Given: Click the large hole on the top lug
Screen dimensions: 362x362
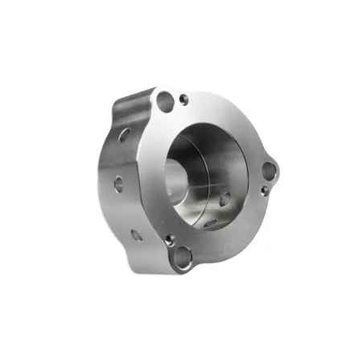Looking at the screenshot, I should tap(165, 101).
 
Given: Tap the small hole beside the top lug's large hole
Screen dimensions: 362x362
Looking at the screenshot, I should tap(183, 99).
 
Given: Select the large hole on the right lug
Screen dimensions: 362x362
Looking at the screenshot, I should tap(269, 170).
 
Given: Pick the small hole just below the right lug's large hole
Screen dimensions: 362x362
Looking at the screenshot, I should tap(264, 191).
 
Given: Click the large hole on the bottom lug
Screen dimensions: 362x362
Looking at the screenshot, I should tap(183, 257).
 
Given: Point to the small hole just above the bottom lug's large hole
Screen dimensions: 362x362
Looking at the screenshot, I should tap(169, 239).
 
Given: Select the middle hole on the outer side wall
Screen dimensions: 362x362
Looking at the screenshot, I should tap(118, 184).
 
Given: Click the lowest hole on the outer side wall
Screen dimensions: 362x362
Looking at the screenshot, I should tap(136, 234).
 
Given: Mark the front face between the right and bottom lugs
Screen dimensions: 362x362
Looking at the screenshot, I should tap(237, 229).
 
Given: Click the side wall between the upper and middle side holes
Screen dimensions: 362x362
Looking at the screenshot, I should tap(121, 159).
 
